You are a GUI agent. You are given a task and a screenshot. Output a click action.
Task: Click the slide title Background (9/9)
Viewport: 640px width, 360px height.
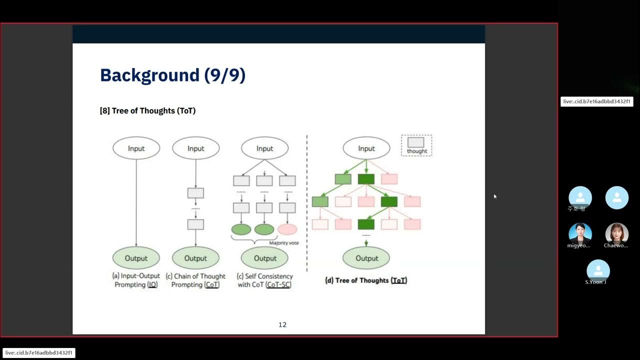172,75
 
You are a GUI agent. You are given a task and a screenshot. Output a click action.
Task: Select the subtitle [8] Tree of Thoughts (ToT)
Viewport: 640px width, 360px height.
147,110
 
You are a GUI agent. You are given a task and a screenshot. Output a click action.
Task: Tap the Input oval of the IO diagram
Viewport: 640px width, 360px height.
136,148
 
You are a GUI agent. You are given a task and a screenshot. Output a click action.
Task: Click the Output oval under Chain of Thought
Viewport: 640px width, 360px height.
195,258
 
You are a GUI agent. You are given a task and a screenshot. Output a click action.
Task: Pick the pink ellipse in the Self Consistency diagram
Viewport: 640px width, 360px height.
287,229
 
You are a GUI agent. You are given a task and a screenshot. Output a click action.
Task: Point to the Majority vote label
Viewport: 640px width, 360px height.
283,243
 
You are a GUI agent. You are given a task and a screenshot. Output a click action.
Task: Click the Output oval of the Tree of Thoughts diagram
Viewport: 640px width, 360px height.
366,258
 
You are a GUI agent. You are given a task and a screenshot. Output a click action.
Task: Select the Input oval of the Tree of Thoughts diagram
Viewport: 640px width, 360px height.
366,148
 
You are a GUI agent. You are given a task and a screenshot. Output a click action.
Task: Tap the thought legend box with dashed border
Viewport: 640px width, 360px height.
416,145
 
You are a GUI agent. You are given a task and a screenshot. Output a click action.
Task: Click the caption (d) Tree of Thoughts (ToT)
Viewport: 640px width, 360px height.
366,280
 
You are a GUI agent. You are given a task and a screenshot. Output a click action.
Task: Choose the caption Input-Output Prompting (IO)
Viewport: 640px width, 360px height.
136,280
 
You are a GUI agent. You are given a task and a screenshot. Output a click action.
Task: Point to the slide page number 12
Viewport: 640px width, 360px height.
282,324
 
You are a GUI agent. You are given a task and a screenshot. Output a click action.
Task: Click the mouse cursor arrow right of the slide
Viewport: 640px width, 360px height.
495,196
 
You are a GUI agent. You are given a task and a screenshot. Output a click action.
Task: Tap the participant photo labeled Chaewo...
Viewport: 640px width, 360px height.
616,233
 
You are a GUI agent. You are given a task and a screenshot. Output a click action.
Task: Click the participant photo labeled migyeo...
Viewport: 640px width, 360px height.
580,233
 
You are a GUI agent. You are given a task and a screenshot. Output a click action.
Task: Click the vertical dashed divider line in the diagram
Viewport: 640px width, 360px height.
307,200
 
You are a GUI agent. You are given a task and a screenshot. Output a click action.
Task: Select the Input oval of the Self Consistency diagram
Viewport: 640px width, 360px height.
264,148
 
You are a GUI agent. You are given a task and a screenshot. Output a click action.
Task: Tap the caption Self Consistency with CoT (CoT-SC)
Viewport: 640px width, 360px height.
265,280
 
